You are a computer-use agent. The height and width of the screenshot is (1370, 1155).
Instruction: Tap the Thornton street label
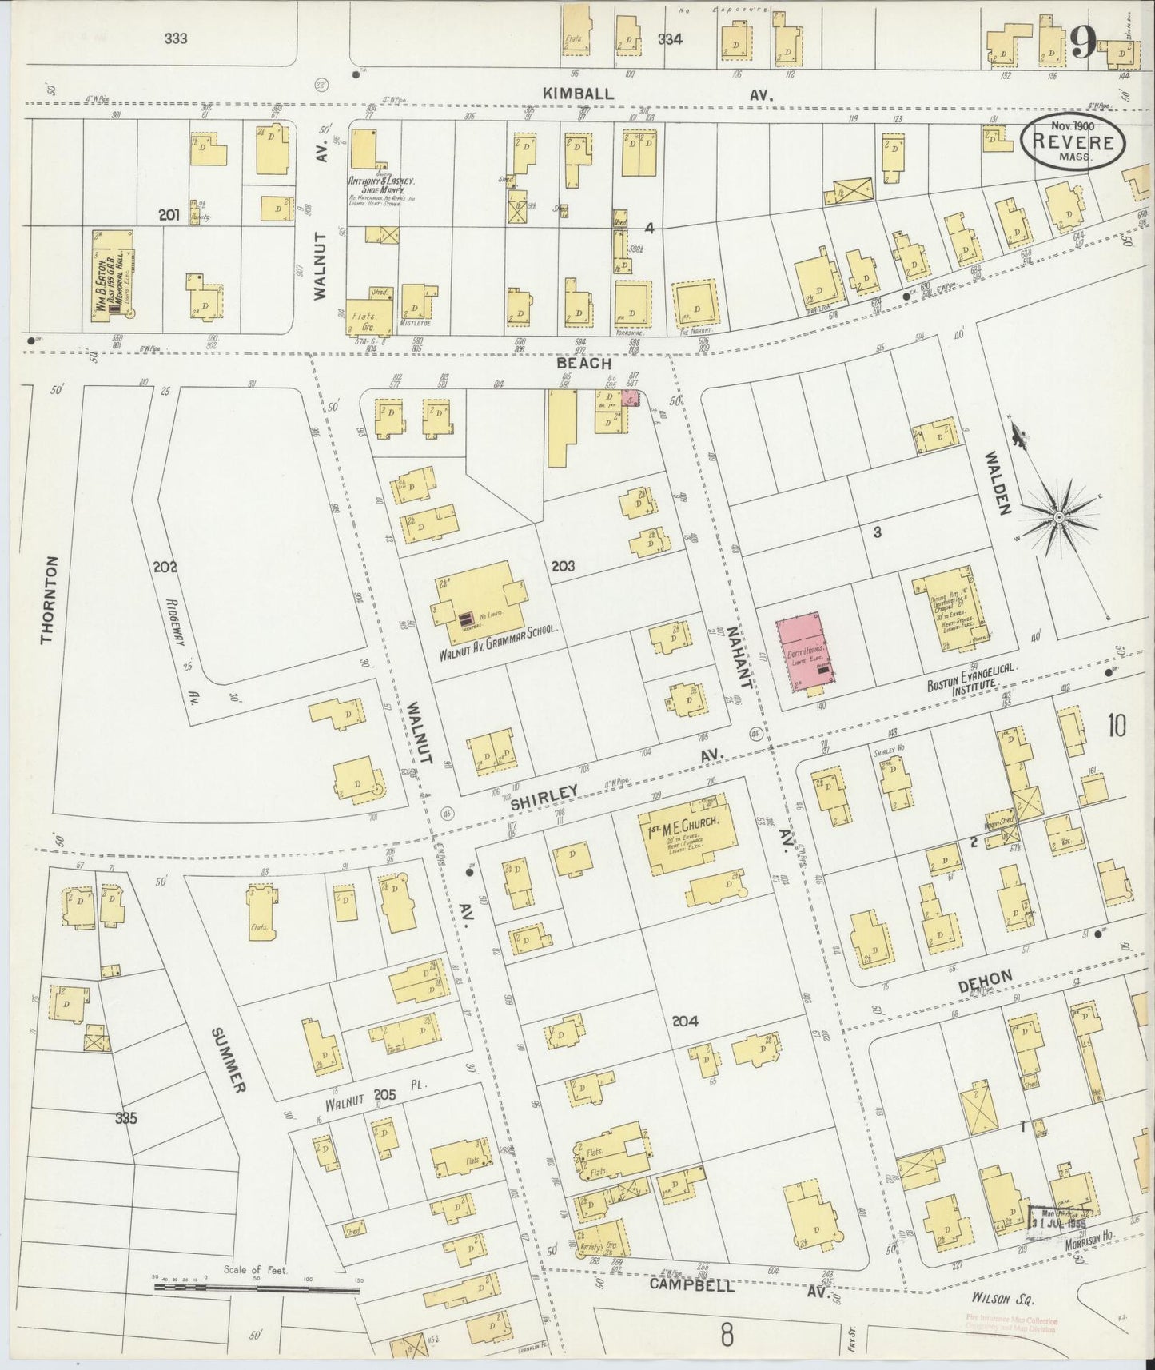click(50, 599)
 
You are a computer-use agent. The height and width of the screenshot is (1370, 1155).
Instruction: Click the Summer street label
click(226, 1060)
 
